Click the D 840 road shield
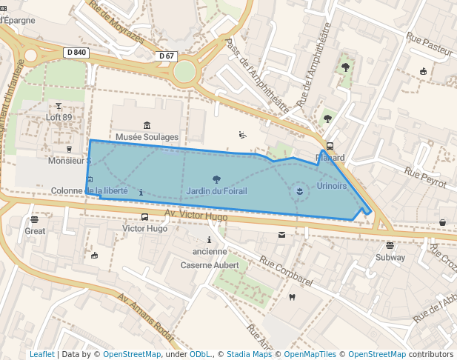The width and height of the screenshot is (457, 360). point(76,53)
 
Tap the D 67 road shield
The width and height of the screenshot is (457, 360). point(167,56)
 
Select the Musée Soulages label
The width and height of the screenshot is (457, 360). point(147,137)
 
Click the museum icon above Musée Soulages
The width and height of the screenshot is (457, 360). point(147,125)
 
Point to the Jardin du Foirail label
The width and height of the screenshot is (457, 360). point(216,191)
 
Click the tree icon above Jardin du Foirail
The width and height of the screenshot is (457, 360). point(216,179)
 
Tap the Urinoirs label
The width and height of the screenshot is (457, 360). point(331,186)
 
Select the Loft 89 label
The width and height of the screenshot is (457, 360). point(59,117)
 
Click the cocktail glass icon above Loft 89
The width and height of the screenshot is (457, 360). point(59,106)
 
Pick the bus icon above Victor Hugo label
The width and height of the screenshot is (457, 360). point(144,218)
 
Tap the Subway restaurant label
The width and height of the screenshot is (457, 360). point(390,258)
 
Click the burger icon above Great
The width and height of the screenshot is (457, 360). point(35,219)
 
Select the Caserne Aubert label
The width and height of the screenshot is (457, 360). point(210,264)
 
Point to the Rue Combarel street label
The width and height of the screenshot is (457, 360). point(287,272)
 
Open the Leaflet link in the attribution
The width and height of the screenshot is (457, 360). point(41,354)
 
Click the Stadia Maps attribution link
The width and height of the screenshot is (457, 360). point(249,354)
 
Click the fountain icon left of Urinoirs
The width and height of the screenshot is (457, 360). point(299,192)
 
